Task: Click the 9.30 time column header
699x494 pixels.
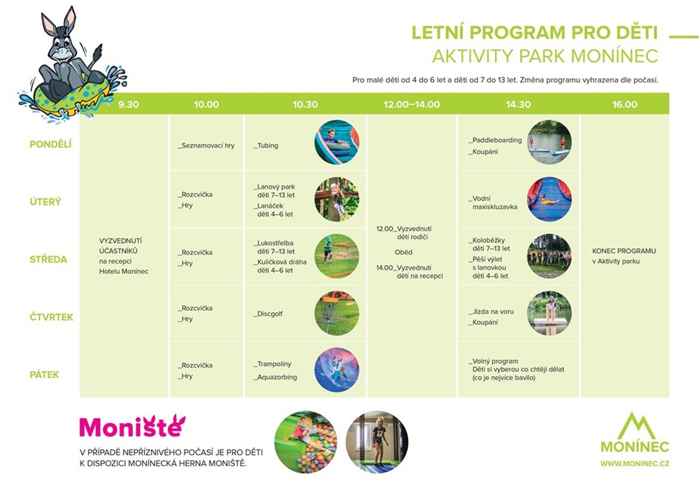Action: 129,104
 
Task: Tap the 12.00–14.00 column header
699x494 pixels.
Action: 412,104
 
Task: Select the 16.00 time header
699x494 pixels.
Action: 624,104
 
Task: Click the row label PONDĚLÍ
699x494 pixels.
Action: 50,144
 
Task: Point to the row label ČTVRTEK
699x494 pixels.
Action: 51,317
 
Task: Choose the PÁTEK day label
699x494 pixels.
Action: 44,375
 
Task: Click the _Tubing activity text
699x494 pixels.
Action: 266,145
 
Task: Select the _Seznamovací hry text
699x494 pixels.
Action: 206,145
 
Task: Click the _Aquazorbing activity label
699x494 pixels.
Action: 275,377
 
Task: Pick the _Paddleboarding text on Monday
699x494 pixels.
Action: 495,140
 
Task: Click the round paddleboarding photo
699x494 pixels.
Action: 549,142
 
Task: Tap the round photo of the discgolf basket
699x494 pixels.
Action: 337,313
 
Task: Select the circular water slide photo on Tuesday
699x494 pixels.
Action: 549,199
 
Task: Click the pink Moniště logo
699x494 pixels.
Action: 132,426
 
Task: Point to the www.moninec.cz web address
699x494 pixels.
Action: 635,463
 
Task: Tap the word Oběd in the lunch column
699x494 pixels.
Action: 403,252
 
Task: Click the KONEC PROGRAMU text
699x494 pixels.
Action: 624,251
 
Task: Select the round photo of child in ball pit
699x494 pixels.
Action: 305,442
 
